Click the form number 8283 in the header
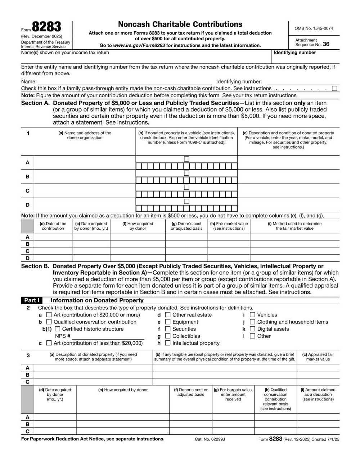[x=46, y=27]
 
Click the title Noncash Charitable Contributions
[x=180, y=24]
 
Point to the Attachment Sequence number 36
[x=326, y=44]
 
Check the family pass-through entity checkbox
[x=335, y=88]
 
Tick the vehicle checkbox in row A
[x=186, y=159]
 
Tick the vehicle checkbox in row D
[x=186, y=201]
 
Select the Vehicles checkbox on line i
[x=252, y=315]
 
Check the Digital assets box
[x=252, y=329]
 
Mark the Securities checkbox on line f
[x=168, y=329]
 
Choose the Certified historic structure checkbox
[x=58, y=329]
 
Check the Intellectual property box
[x=168, y=343]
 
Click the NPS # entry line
[x=108, y=336]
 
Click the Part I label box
[x=32, y=300]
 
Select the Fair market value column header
[x=229, y=226]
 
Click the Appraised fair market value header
[x=318, y=357]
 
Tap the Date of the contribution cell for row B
[x=53, y=244]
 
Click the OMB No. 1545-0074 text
[x=314, y=28]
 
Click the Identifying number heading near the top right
[x=294, y=53]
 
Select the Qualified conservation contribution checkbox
[x=49, y=322]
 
